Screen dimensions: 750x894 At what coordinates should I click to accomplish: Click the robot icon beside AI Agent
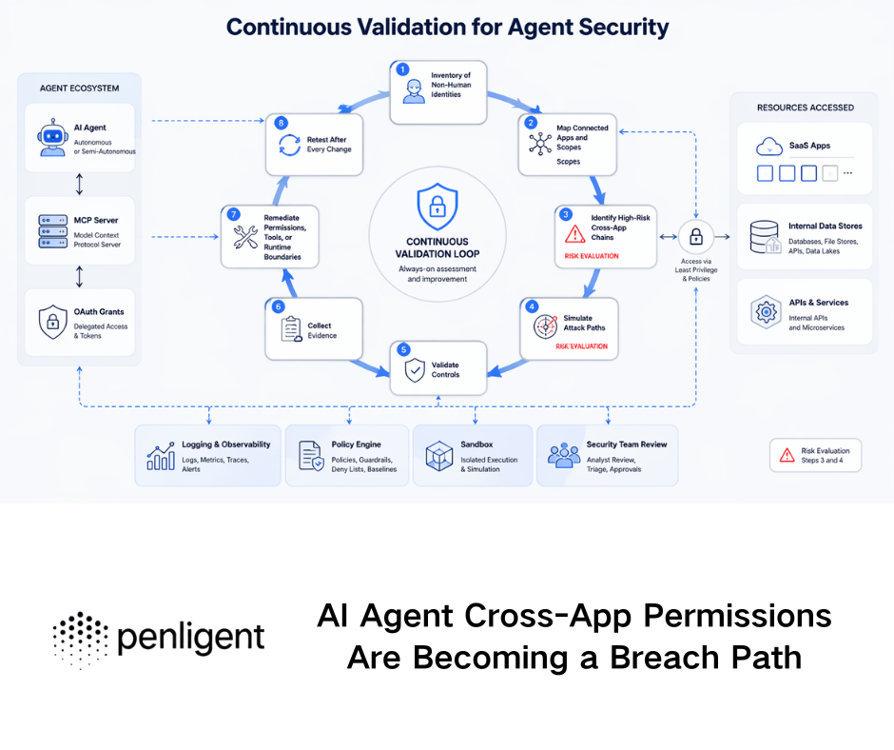click(x=52, y=137)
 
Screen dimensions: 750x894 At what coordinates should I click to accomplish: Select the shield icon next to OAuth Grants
click(x=52, y=322)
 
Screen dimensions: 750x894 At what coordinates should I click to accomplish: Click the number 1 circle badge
click(x=402, y=69)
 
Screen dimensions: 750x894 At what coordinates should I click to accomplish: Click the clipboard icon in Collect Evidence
click(x=291, y=329)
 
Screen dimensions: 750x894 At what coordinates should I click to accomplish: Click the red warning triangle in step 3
click(x=575, y=234)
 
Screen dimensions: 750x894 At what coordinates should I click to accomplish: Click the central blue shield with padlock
click(x=437, y=207)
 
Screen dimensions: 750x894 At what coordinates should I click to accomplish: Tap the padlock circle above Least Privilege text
click(x=696, y=236)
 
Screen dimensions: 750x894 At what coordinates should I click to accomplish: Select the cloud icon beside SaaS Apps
click(x=768, y=147)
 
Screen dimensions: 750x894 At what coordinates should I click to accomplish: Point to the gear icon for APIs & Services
click(x=765, y=312)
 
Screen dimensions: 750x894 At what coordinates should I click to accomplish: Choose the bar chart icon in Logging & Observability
click(x=161, y=456)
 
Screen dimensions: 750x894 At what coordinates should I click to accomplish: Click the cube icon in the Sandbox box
click(x=437, y=455)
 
